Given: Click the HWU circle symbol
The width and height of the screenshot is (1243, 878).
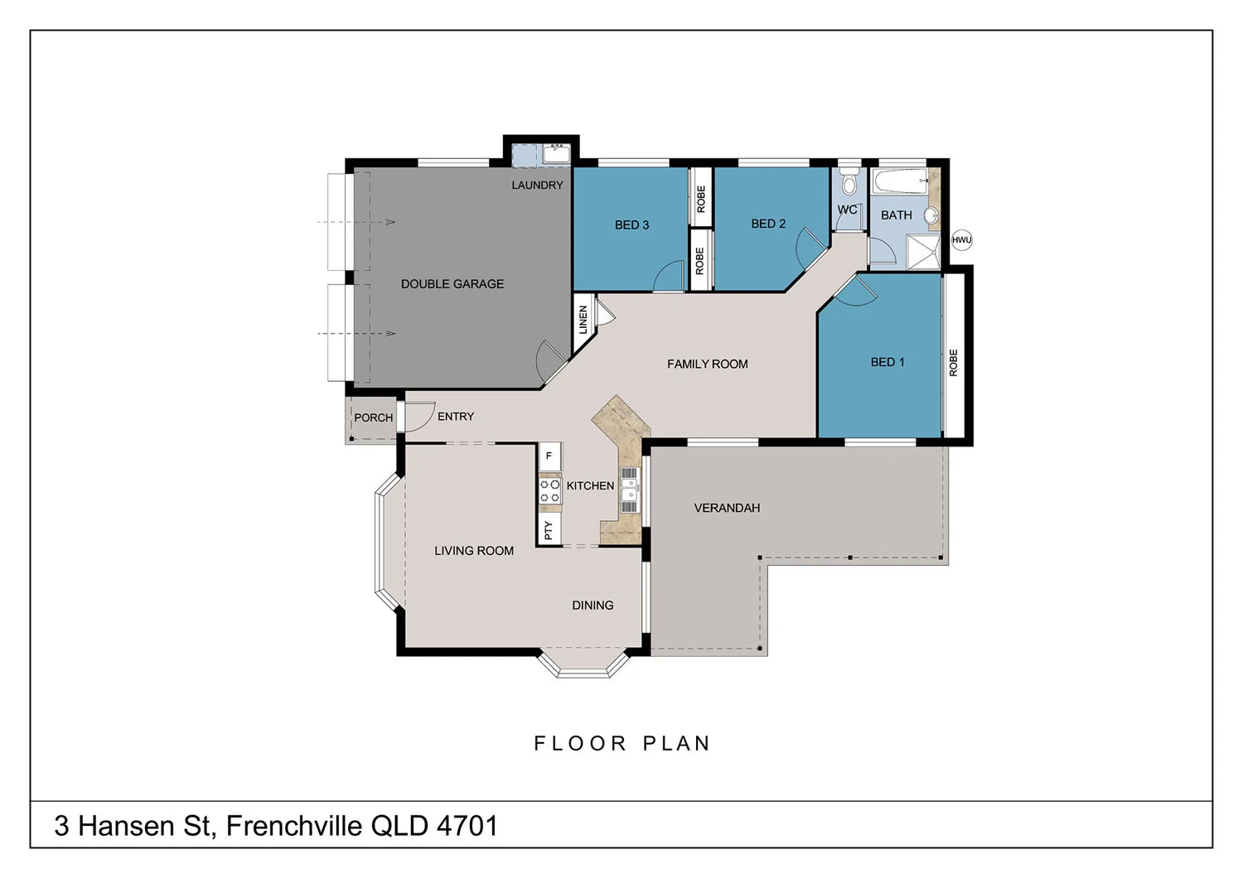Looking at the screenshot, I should click(961, 240).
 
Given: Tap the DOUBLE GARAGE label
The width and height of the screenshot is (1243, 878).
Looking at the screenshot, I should click(452, 284).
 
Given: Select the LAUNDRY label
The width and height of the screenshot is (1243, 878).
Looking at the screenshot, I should click(537, 186).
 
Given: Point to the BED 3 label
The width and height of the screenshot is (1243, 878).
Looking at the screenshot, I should click(631, 225).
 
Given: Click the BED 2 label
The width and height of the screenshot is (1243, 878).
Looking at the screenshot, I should click(768, 224).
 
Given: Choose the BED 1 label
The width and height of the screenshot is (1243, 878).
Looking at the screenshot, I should click(888, 362).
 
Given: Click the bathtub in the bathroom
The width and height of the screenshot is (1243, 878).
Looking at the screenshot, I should click(900, 181).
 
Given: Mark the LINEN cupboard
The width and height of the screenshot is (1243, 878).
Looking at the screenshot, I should click(583, 320).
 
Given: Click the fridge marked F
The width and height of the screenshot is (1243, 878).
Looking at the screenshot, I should click(549, 456).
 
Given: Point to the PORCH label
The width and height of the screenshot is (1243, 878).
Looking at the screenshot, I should click(374, 418).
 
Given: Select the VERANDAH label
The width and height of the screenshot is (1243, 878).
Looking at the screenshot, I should click(727, 508).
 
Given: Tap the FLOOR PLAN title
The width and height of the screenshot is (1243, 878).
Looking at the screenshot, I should click(622, 744).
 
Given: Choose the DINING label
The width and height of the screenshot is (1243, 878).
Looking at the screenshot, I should click(592, 605).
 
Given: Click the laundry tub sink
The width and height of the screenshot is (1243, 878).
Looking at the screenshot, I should click(555, 154).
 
